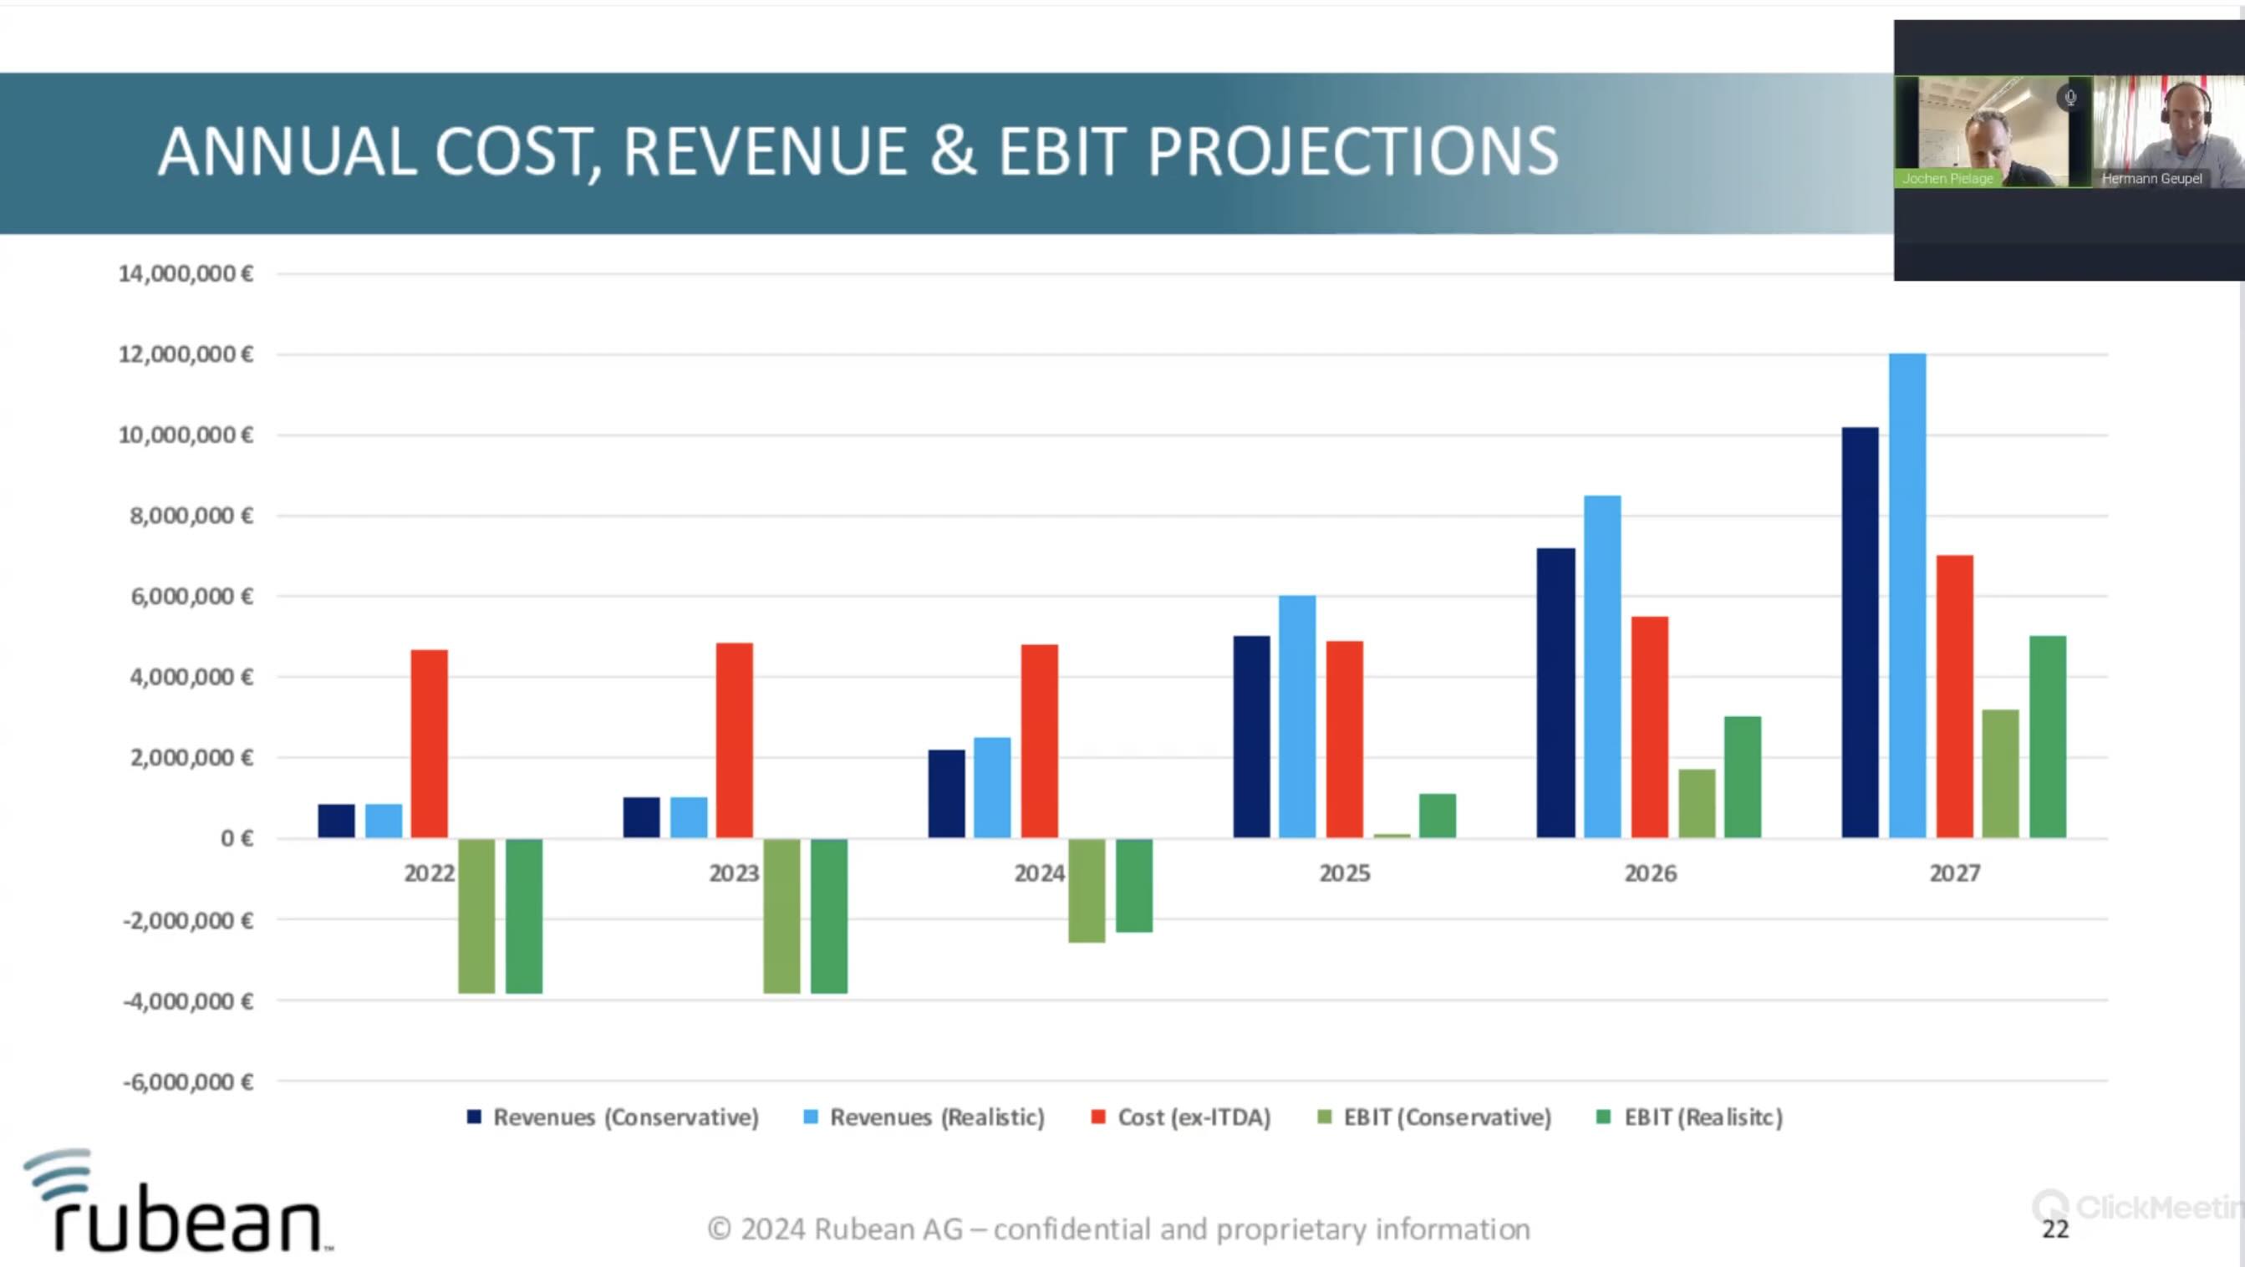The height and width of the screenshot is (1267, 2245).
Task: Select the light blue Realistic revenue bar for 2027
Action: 1906,596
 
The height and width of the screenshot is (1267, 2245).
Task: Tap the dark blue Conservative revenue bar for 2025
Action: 1251,737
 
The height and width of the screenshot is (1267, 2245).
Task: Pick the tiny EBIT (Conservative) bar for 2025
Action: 1392,836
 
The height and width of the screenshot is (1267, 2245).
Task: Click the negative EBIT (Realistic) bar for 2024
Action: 1134,885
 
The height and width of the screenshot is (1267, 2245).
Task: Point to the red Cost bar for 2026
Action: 1650,727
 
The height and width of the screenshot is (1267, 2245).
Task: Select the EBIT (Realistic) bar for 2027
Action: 2047,737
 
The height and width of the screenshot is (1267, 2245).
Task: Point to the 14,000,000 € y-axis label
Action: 186,273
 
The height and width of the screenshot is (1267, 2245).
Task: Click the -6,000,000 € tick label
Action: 187,1082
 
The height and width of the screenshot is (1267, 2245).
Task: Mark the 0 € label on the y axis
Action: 237,838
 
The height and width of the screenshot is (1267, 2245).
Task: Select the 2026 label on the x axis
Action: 1650,873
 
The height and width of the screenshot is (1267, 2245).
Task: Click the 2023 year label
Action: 734,873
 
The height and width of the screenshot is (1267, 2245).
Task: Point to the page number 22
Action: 2055,1229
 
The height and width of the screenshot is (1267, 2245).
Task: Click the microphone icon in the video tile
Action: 2070,98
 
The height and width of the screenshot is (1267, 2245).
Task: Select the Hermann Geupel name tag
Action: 2151,179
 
